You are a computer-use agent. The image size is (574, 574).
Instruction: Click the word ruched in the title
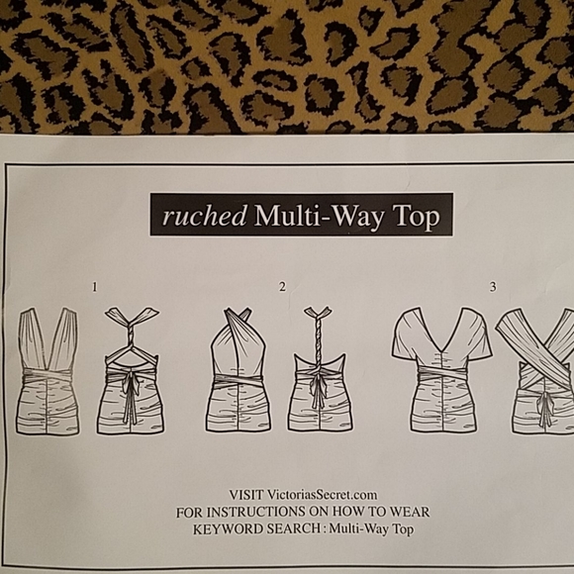pyautogui.click(x=204, y=216)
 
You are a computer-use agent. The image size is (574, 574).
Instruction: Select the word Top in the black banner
pyautogui.click(x=417, y=217)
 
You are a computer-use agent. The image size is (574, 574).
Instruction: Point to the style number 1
pyautogui.click(x=95, y=287)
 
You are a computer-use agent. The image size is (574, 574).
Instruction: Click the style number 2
pyautogui.click(x=282, y=287)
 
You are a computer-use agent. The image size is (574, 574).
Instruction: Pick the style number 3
pyautogui.click(x=493, y=287)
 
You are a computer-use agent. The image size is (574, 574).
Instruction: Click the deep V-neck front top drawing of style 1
pyautogui.click(x=48, y=371)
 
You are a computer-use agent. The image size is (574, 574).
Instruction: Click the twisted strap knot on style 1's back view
pyautogui.click(x=131, y=334)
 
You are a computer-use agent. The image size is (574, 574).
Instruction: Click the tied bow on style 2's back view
pyautogui.click(x=318, y=388)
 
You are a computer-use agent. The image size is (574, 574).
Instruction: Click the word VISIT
pyautogui.click(x=246, y=495)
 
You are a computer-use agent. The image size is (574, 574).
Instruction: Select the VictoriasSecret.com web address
pyautogui.click(x=323, y=495)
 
